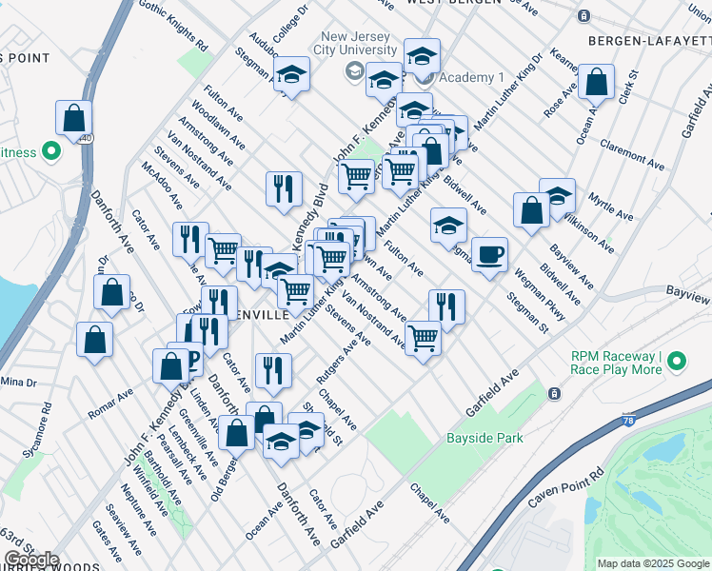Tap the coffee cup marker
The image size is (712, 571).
[x=489, y=255]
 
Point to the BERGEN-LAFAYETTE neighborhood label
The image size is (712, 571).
[x=648, y=41]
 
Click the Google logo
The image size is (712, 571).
[x=31, y=560]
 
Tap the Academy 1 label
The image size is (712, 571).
[x=460, y=78]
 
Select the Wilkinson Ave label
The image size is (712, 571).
[x=609, y=233]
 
